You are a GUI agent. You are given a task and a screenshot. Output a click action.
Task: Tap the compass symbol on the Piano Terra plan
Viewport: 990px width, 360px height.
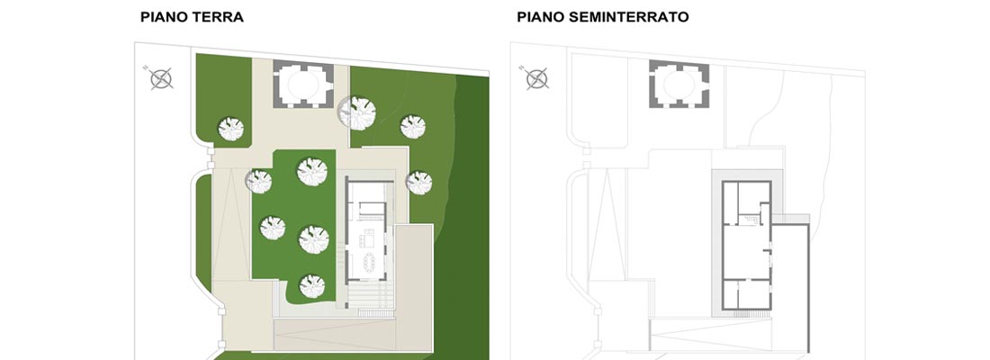click(161, 78)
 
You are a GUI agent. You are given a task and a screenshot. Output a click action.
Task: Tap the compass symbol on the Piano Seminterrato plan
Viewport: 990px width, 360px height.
click(537, 78)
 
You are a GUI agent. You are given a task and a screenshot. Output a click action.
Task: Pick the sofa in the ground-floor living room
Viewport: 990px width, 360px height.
click(365, 240)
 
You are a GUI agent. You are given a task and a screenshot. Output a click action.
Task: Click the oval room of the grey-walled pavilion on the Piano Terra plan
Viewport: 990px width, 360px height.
click(303, 85)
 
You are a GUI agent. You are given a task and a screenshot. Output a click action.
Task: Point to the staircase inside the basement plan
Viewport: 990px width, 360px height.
click(750, 220)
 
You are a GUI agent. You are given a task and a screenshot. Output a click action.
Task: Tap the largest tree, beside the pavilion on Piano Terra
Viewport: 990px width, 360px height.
click(358, 113)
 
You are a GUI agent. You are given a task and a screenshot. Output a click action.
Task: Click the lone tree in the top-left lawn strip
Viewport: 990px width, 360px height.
click(231, 129)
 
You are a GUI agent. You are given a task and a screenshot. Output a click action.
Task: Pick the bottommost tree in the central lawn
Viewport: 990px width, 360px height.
click(312, 286)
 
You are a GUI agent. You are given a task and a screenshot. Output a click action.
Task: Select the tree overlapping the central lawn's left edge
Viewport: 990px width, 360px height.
click(259, 182)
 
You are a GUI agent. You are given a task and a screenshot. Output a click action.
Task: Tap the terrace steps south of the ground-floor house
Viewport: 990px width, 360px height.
click(369, 295)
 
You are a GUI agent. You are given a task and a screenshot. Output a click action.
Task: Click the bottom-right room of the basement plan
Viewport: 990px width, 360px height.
click(752, 294)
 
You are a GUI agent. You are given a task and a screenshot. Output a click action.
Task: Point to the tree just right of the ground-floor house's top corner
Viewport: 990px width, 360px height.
click(419, 183)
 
